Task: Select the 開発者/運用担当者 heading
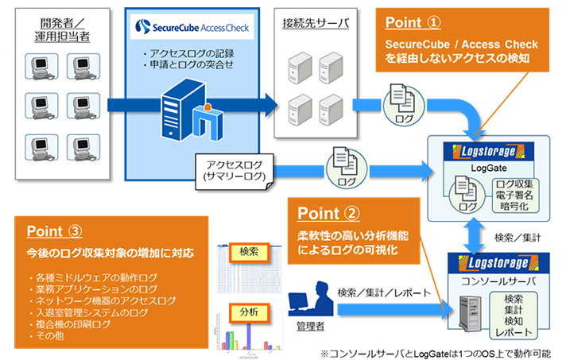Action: [x=56, y=29]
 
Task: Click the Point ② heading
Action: [x=328, y=214]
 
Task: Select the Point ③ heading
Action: [x=53, y=231]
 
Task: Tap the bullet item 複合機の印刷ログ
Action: [x=66, y=325]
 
